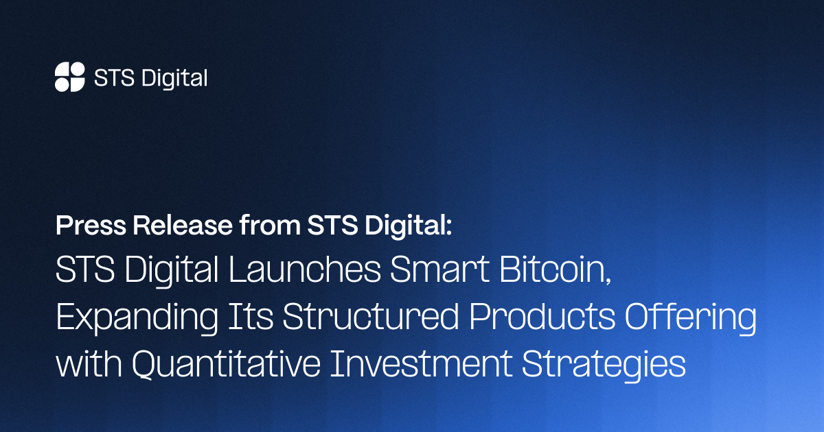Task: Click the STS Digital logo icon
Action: [70, 77]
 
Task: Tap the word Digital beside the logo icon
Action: [174, 78]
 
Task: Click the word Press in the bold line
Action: [91, 226]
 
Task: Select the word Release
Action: [183, 225]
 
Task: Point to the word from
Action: [270, 225]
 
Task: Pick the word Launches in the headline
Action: [305, 269]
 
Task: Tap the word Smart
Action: [439, 269]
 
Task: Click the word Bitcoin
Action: [551, 269]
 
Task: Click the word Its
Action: [251, 316]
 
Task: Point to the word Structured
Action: [371, 316]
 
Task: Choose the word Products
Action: [542, 316]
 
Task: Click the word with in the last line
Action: [89, 363]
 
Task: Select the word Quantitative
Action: [226, 364]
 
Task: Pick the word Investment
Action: [421, 363]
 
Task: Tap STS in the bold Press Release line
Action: [332, 225]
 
